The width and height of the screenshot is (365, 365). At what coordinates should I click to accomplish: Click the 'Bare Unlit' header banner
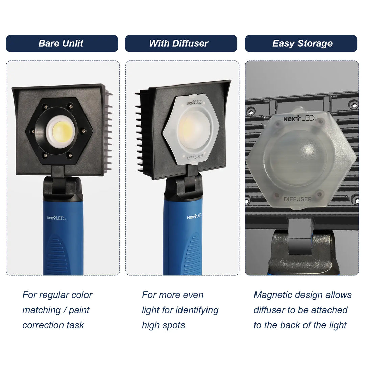pyautogui.click(x=62, y=44)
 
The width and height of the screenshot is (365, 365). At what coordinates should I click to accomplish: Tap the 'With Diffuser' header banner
pyautogui.click(x=181, y=44)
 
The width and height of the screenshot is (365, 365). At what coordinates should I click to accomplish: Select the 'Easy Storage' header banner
pyautogui.click(x=301, y=44)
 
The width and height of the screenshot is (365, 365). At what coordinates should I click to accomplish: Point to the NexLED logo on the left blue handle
pyautogui.click(x=56, y=218)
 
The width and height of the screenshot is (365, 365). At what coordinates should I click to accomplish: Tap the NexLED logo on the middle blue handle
pyautogui.click(x=194, y=216)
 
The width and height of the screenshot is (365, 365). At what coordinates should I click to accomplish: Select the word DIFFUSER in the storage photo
pyautogui.click(x=297, y=199)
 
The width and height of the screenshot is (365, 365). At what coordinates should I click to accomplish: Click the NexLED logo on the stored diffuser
pyautogui.click(x=299, y=119)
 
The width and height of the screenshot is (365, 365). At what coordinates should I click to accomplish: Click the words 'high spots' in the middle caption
pyautogui.click(x=164, y=325)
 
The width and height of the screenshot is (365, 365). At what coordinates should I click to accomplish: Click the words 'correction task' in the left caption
pyautogui.click(x=53, y=325)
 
